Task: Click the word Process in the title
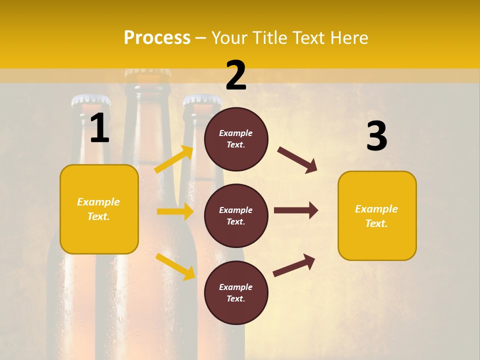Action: click(157, 38)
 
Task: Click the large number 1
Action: click(99, 128)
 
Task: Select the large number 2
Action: click(236, 75)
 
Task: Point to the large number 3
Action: click(376, 136)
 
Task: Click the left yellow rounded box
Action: click(99, 209)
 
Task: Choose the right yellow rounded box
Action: click(377, 216)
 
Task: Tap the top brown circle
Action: click(236, 138)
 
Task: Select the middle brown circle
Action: click(236, 215)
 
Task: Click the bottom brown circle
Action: click(236, 292)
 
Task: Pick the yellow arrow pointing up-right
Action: click(174, 159)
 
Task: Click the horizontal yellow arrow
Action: click(175, 211)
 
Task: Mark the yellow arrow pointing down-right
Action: click(175, 266)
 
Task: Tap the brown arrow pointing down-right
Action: click(297, 160)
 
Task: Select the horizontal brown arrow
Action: click(295, 210)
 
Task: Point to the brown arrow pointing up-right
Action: click(294, 265)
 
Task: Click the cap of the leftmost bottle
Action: click(90, 100)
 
